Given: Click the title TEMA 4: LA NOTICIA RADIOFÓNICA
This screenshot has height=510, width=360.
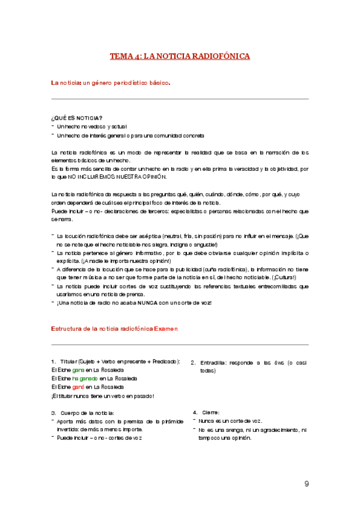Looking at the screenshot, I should [180, 57].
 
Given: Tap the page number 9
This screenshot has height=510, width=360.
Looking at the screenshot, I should [307, 484].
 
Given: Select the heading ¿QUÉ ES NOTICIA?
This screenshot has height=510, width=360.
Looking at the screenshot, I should [77, 118].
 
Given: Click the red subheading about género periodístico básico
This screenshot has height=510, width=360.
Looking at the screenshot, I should [111, 82].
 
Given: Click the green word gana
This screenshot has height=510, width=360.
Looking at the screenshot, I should [78, 369].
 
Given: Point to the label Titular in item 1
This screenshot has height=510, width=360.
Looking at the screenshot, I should [69, 361].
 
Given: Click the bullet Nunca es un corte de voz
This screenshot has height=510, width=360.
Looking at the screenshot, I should [230, 421].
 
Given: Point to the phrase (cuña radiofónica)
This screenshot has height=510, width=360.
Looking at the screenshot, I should [215, 269].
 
